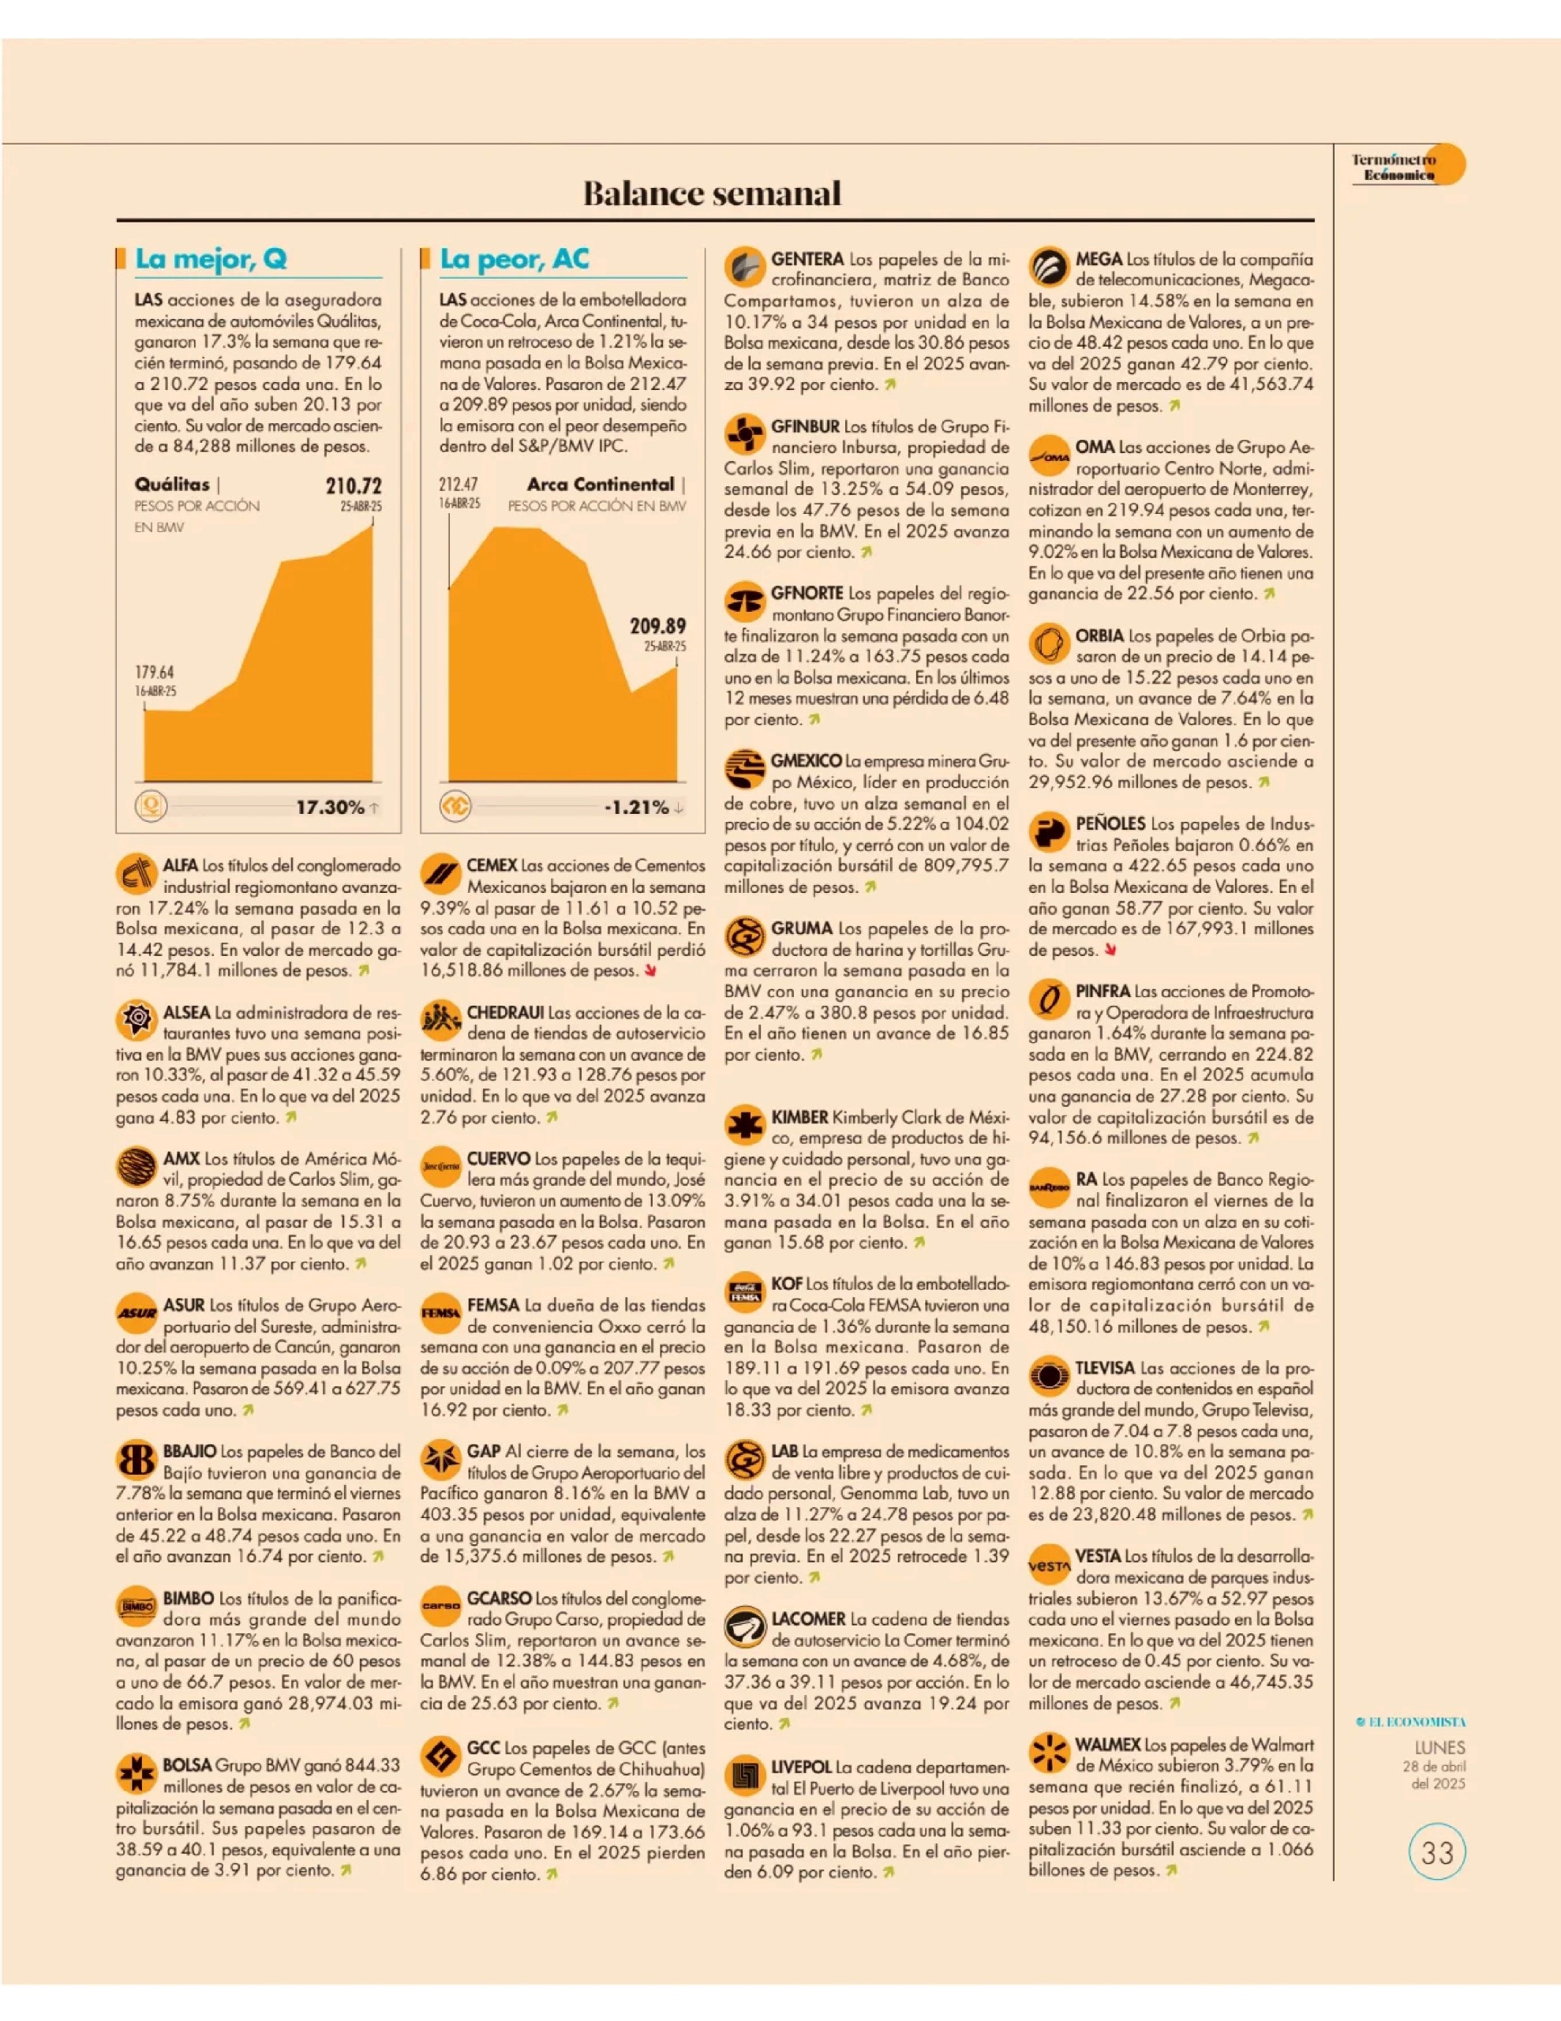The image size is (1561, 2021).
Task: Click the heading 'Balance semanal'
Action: [x=712, y=193]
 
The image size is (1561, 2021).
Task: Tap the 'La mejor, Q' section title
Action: [x=211, y=258]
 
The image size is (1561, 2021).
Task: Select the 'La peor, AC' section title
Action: [x=515, y=258]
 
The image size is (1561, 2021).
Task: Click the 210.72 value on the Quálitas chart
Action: [x=354, y=486]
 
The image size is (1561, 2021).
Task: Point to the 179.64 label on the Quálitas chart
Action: [x=155, y=673]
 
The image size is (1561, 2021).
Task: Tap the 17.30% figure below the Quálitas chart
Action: [x=331, y=807]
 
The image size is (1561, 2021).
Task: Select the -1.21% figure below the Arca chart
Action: [x=637, y=807]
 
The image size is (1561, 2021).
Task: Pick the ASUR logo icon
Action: [x=136, y=1313]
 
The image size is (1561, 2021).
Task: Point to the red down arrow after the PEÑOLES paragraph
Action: [x=1110, y=950]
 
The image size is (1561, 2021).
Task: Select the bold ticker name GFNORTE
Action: [x=807, y=593]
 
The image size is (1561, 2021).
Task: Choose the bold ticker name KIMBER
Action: [x=799, y=1118]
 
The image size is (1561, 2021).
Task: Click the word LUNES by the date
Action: [x=1439, y=1748]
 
